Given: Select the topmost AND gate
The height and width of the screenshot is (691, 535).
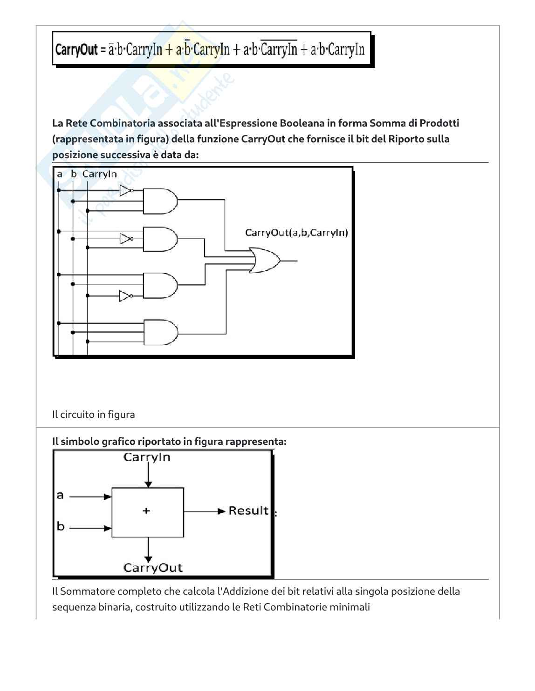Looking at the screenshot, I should coord(160,201).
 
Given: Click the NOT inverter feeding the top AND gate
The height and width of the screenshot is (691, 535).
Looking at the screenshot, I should coord(126,190).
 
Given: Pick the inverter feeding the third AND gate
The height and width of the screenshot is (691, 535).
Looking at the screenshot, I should coord(125,296).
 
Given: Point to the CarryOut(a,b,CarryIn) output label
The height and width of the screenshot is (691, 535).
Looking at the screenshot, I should coord(296,233).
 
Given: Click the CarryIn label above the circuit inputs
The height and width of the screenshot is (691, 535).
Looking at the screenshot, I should coord(99,174).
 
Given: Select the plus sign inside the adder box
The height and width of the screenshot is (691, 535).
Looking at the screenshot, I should coord(146,511).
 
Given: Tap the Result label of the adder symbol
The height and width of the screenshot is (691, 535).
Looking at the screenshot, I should coord(248,511).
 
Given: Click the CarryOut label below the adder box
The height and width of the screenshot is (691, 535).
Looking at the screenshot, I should coord(153,568).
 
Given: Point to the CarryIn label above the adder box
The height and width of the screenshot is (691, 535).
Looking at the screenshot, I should coord(147,457).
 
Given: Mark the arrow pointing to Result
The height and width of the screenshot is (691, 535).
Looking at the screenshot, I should coord(205,511).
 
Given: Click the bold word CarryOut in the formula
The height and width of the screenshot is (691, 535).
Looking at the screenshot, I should coord(76,49).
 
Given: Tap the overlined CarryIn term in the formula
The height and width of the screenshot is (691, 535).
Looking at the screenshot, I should coord(279,49).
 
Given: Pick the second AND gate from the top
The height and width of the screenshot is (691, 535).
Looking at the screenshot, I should coord(160,239).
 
